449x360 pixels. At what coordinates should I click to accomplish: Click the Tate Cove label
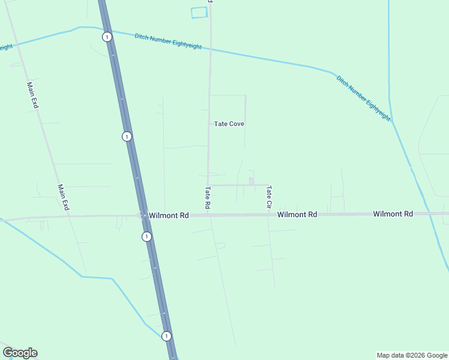pos(229,124)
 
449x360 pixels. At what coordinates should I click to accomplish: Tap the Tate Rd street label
pos(208,197)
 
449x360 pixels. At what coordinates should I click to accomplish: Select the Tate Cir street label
pos(270,197)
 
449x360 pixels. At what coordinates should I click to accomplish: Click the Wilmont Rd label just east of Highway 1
pos(169,215)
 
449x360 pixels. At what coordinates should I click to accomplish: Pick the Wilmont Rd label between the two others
pos(297,214)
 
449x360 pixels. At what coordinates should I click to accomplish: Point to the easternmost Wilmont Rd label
pos(393,214)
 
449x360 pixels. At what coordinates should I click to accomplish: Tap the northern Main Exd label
pos(32,95)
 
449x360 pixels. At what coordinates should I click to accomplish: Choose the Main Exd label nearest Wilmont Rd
pos(63,197)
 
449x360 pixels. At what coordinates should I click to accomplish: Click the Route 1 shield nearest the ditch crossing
pos(107,37)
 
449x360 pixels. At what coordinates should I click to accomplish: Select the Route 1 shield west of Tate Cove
pos(127,136)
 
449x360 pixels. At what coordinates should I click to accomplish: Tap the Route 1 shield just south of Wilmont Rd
pos(146,236)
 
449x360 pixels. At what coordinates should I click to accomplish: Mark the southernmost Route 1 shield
pos(166,336)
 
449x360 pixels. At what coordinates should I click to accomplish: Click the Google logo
pos(20,353)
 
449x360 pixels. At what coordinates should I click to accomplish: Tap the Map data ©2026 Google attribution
pos(412,355)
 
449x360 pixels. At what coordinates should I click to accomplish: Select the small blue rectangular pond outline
pos(199,13)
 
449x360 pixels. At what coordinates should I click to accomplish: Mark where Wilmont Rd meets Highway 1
pos(143,215)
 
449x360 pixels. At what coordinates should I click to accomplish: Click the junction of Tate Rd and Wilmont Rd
pos(208,215)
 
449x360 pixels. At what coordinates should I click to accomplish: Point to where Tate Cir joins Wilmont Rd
pos(268,214)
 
